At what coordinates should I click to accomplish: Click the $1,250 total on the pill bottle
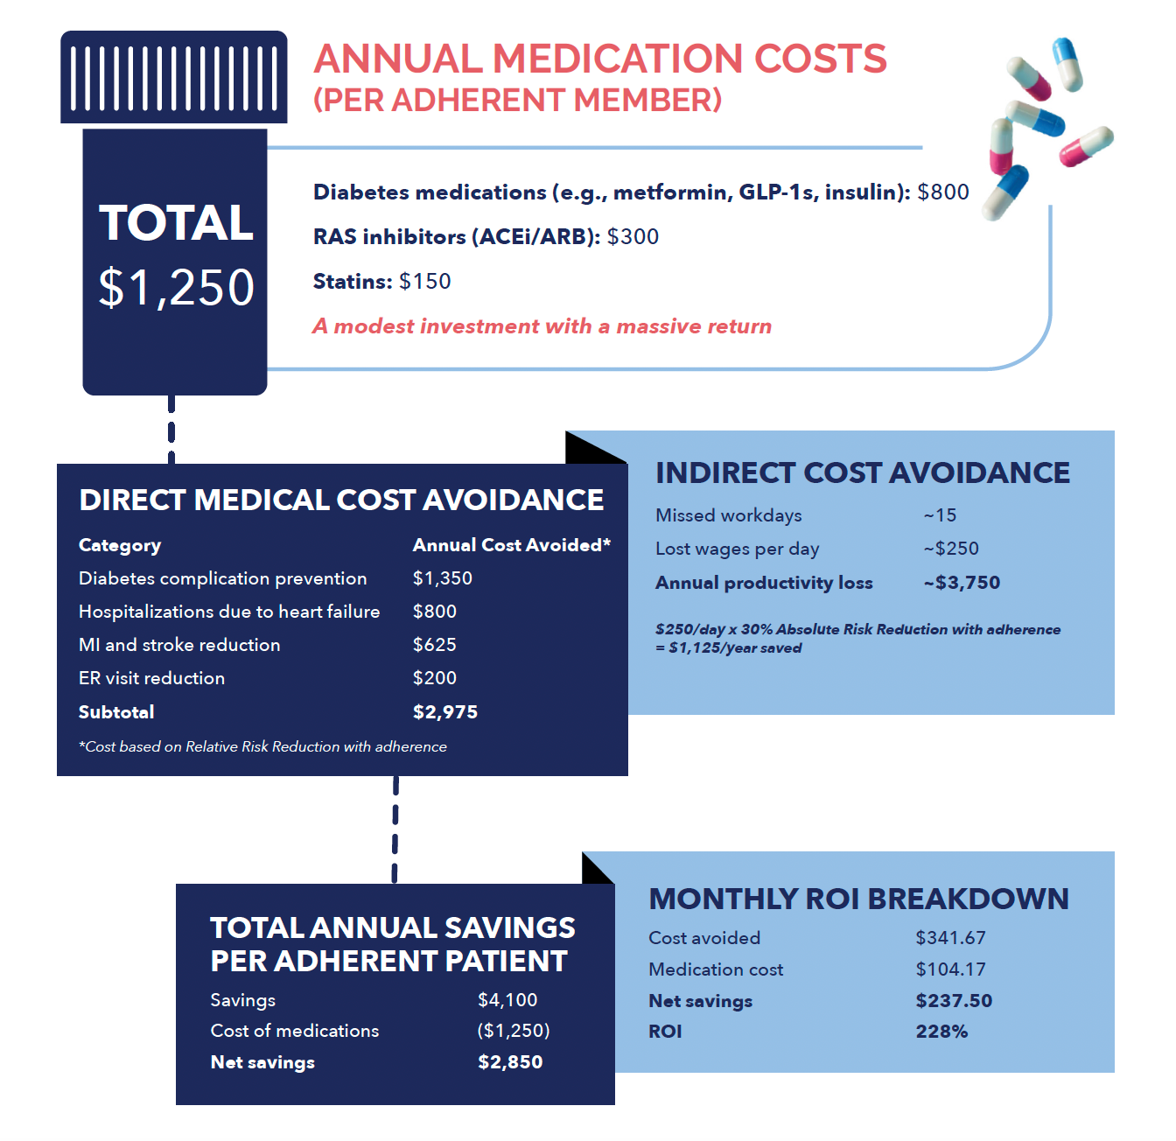click(x=176, y=287)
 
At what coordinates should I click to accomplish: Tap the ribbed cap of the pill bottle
click(x=173, y=77)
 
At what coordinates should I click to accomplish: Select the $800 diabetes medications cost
click(x=942, y=192)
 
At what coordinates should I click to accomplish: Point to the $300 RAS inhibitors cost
click(x=633, y=237)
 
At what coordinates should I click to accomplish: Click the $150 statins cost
click(x=424, y=282)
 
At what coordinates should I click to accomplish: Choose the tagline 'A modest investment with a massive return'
click(x=542, y=326)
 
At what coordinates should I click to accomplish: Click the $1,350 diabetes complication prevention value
click(x=442, y=578)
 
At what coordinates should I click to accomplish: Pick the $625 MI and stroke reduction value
click(x=434, y=645)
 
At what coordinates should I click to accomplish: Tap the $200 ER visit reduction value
click(x=434, y=678)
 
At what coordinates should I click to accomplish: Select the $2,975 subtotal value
click(x=444, y=712)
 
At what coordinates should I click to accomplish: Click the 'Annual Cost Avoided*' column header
click(x=511, y=545)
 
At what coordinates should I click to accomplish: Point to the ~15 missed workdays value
click(x=940, y=515)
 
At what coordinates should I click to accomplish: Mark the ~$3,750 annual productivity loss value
click(x=962, y=583)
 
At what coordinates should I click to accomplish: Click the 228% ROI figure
click(x=941, y=1032)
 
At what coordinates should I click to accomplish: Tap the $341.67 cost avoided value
click(x=950, y=938)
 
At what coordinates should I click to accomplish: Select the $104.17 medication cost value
click(x=950, y=969)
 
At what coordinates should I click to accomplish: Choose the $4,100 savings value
click(x=507, y=1000)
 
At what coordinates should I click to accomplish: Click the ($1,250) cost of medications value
click(x=514, y=1031)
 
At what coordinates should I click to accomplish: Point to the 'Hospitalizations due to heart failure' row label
click(x=229, y=612)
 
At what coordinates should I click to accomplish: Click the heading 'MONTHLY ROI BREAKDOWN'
click(x=858, y=899)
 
